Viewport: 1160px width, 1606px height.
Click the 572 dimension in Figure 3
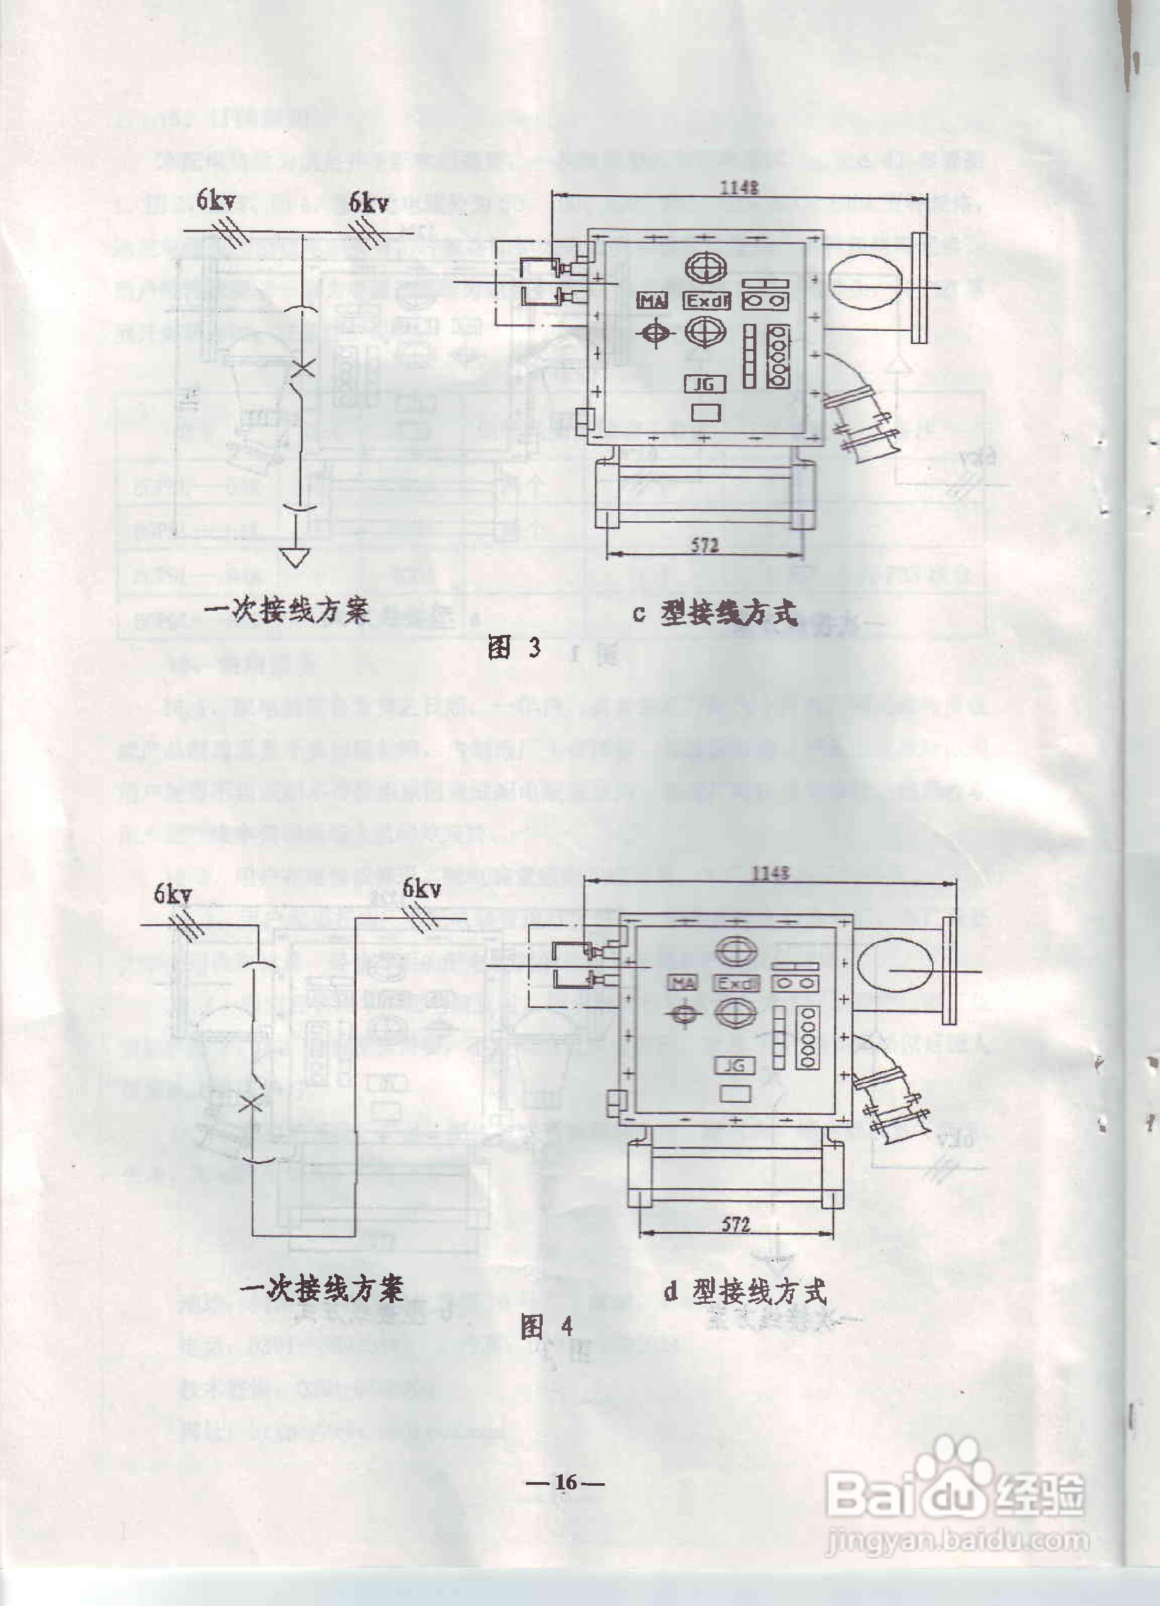704,545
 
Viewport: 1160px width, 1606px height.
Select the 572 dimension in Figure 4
736,1223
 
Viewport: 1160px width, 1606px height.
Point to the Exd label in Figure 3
708,301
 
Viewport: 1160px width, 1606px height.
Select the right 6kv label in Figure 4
422,888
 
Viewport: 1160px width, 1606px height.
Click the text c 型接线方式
715,613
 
